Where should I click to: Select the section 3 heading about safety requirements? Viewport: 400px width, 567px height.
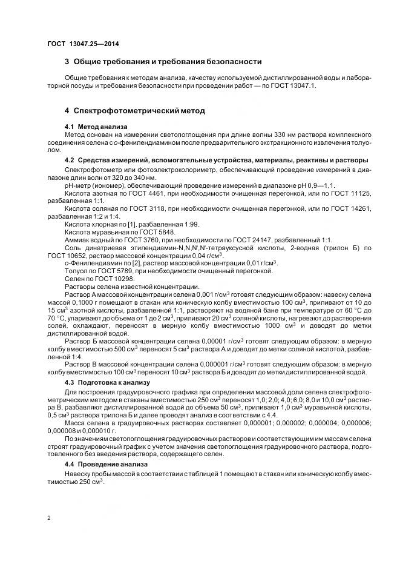tap(163, 62)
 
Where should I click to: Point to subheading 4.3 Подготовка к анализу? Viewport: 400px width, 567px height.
tap(107, 382)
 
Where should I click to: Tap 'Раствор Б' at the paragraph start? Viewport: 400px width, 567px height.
tap(81, 341)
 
